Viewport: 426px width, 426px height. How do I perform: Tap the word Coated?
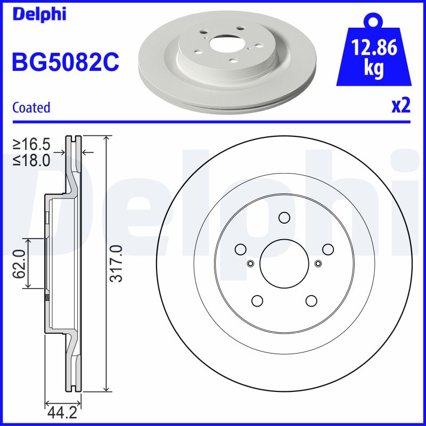(x=31, y=107)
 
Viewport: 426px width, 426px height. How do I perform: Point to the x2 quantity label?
(x=401, y=105)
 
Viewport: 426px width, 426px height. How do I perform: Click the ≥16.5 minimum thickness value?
(x=32, y=144)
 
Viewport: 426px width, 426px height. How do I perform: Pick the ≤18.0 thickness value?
(x=32, y=159)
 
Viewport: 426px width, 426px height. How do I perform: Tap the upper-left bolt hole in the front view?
(x=240, y=249)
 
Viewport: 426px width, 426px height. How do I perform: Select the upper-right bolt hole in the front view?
(x=327, y=249)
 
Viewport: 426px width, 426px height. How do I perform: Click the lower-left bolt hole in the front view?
(x=257, y=301)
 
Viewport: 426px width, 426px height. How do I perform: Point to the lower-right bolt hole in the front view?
(x=311, y=301)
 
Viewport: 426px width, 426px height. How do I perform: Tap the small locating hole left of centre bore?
(x=250, y=263)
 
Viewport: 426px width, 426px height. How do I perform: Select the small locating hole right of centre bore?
(x=318, y=263)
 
